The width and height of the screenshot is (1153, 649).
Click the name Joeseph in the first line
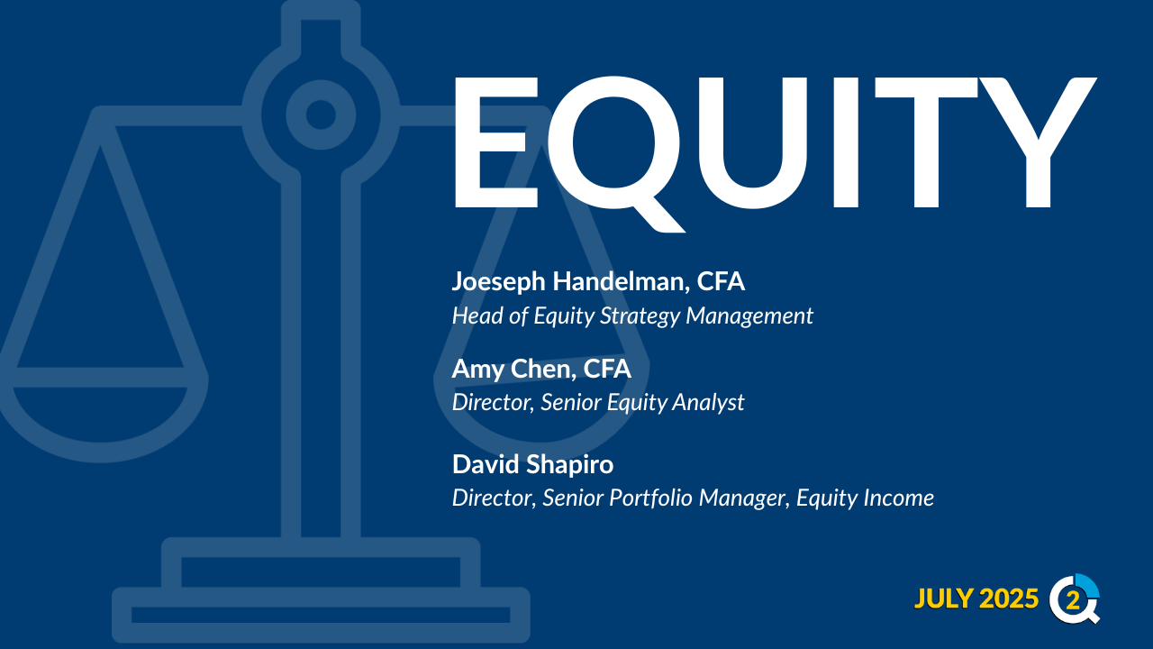(x=498, y=282)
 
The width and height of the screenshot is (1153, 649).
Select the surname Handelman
(x=622, y=282)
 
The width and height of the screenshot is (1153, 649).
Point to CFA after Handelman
(x=721, y=282)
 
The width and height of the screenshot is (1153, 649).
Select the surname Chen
(x=543, y=370)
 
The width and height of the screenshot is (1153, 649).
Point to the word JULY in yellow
(x=944, y=599)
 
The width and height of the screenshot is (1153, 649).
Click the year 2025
(x=1009, y=599)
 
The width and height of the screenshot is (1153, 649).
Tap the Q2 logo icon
(x=1075, y=599)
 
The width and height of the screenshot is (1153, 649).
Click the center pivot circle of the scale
(x=321, y=114)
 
